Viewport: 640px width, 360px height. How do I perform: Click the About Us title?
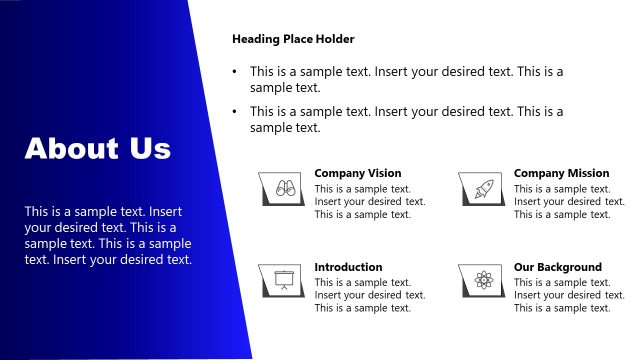(x=98, y=149)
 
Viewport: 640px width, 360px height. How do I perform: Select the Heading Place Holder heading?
(x=293, y=39)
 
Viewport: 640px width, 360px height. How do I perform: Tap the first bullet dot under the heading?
(x=235, y=72)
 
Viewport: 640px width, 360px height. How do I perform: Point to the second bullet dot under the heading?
(x=235, y=112)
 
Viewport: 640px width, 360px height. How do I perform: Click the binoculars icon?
(x=283, y=186)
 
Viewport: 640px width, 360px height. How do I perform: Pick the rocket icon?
(x=482, y=186)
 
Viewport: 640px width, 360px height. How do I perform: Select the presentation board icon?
(x=283, y=280)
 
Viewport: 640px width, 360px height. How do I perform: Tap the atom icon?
(x=482, y=280)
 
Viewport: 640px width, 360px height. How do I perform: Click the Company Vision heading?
(x=357, y=173)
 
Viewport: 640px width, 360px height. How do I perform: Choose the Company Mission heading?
(x=561, y=173)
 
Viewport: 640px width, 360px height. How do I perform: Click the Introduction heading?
(x=348, y=267)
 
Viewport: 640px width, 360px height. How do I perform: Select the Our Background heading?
(x=558, y=267)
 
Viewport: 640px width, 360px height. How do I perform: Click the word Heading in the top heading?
(x=255, y=39)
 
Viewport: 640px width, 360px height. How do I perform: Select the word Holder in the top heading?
(x=335, y=39)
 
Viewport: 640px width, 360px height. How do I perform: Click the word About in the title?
(x=71, y=149)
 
